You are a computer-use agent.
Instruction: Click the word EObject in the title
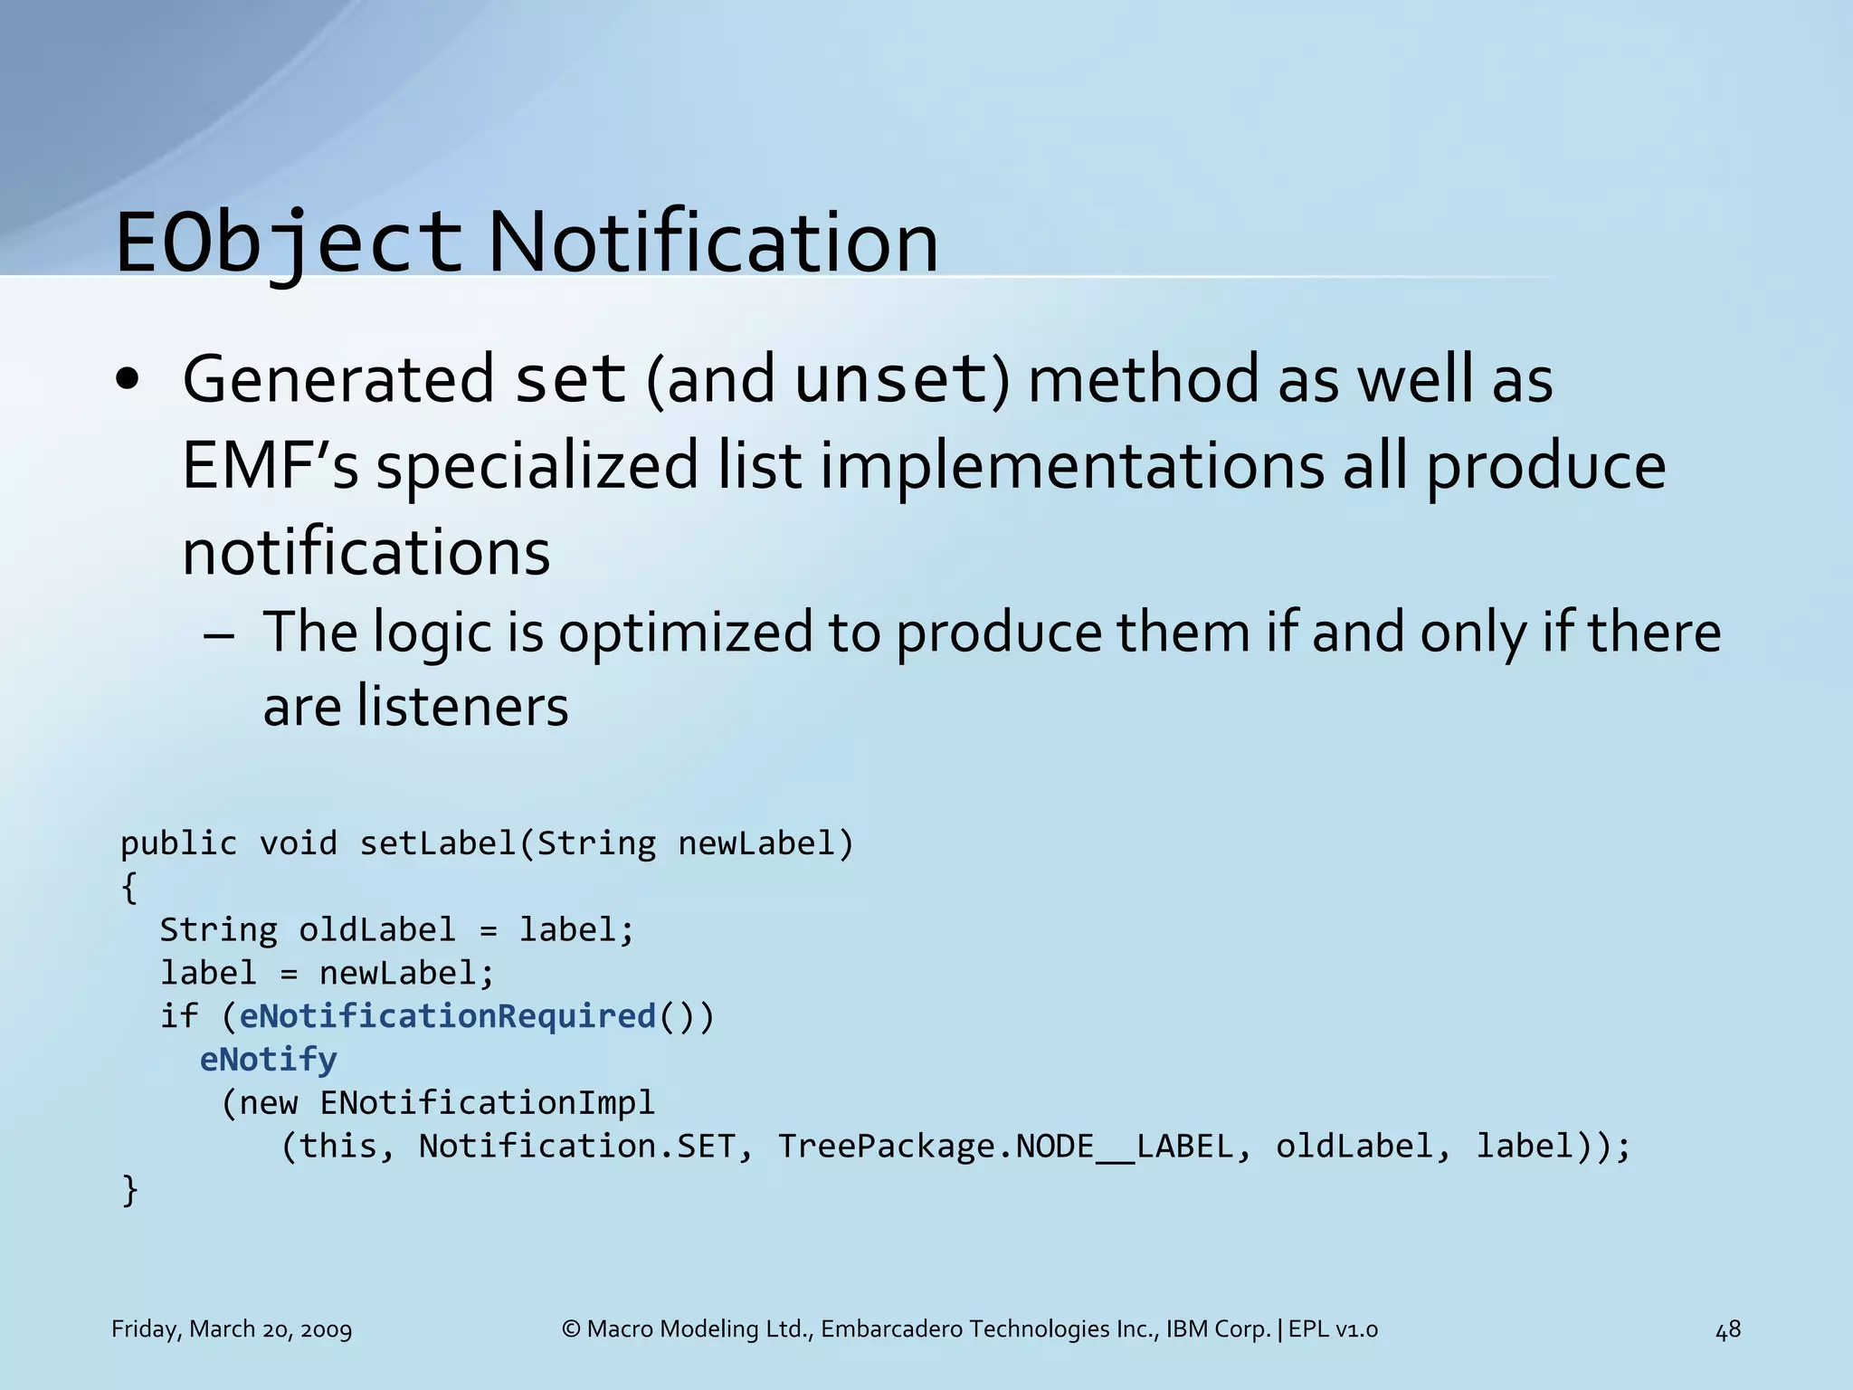pos(288,243)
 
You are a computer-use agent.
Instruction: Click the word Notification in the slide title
pos(713,243)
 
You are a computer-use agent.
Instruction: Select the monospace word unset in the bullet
pos(890,379)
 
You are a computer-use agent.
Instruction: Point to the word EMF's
pos(270,465)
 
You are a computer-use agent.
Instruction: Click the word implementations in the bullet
pos(1072,465)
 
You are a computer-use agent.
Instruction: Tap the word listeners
pos(462,707)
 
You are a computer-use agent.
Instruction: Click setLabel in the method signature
pos(438,843)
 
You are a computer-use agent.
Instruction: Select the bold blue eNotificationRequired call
pos(447,1016)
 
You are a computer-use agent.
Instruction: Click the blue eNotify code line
pos(268,1059)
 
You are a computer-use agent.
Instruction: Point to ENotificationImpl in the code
pos(487,1102)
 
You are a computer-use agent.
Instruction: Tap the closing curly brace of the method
pos(129,1189)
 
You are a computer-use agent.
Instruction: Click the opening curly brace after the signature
pos(129,887)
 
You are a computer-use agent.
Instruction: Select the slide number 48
pos(1727,1329)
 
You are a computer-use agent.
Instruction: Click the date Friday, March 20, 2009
pos(232,1329)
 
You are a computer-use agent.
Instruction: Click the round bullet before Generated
pos(128,381)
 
